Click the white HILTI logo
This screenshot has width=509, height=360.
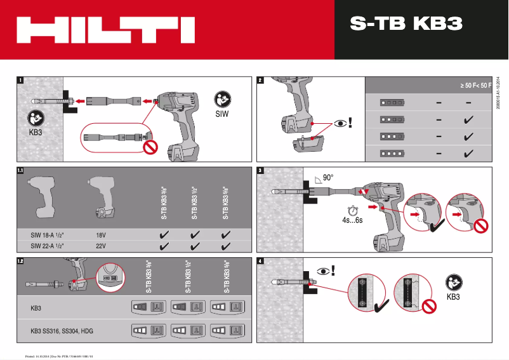[105, 30]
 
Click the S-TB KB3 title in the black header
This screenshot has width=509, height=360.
[406, 23]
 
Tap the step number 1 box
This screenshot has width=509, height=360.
[21, 81]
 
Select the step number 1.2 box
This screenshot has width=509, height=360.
[21, 261]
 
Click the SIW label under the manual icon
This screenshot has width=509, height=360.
[221, 115]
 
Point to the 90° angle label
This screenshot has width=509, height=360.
[327, 178]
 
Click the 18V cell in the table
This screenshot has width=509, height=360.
[100, 234]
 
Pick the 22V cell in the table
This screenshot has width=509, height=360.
[100, 245]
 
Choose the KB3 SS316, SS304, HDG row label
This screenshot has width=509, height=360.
[61, 331]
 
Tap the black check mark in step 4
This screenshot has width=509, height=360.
[383, 307]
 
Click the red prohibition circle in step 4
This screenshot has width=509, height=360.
[430, 307]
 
